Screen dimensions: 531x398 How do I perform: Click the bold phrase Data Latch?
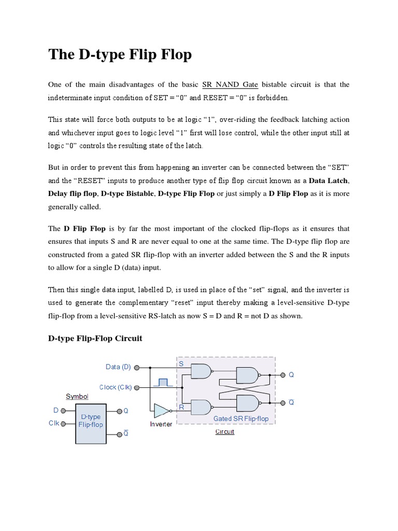coord(329,180)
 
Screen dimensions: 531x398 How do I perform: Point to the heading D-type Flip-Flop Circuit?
coord(95,338)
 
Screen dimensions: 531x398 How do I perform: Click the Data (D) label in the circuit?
coord(118,367)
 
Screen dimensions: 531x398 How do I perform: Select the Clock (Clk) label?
coord(116,387)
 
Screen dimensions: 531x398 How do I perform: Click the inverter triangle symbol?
coord(161,411)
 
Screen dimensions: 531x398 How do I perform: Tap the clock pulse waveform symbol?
coord(163,383)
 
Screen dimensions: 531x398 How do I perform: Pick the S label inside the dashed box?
coord(181,364)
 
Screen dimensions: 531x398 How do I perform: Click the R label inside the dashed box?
coord(181,408)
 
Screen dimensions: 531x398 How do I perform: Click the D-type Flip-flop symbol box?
coord(91,423)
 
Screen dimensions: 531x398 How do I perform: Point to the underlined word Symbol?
coord(77,397)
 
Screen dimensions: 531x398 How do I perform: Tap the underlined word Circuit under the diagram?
coord(225,431)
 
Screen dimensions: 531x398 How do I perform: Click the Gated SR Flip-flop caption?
coord(241,418)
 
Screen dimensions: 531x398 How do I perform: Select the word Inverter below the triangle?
coord(161,424)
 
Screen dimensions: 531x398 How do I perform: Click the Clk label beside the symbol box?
coord(54,424)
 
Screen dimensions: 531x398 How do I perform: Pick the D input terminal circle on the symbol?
coord(63,410)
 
